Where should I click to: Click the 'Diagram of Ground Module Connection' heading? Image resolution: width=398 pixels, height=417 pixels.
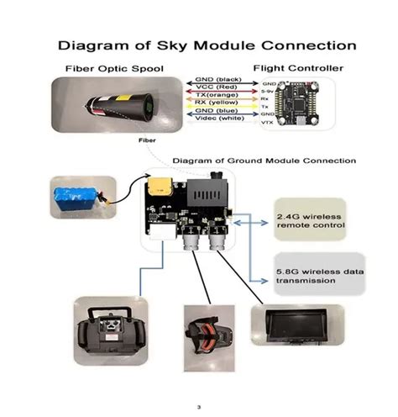264,160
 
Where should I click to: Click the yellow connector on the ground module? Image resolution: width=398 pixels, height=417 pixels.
158,187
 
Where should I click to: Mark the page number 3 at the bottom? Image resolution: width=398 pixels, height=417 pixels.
199,407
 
